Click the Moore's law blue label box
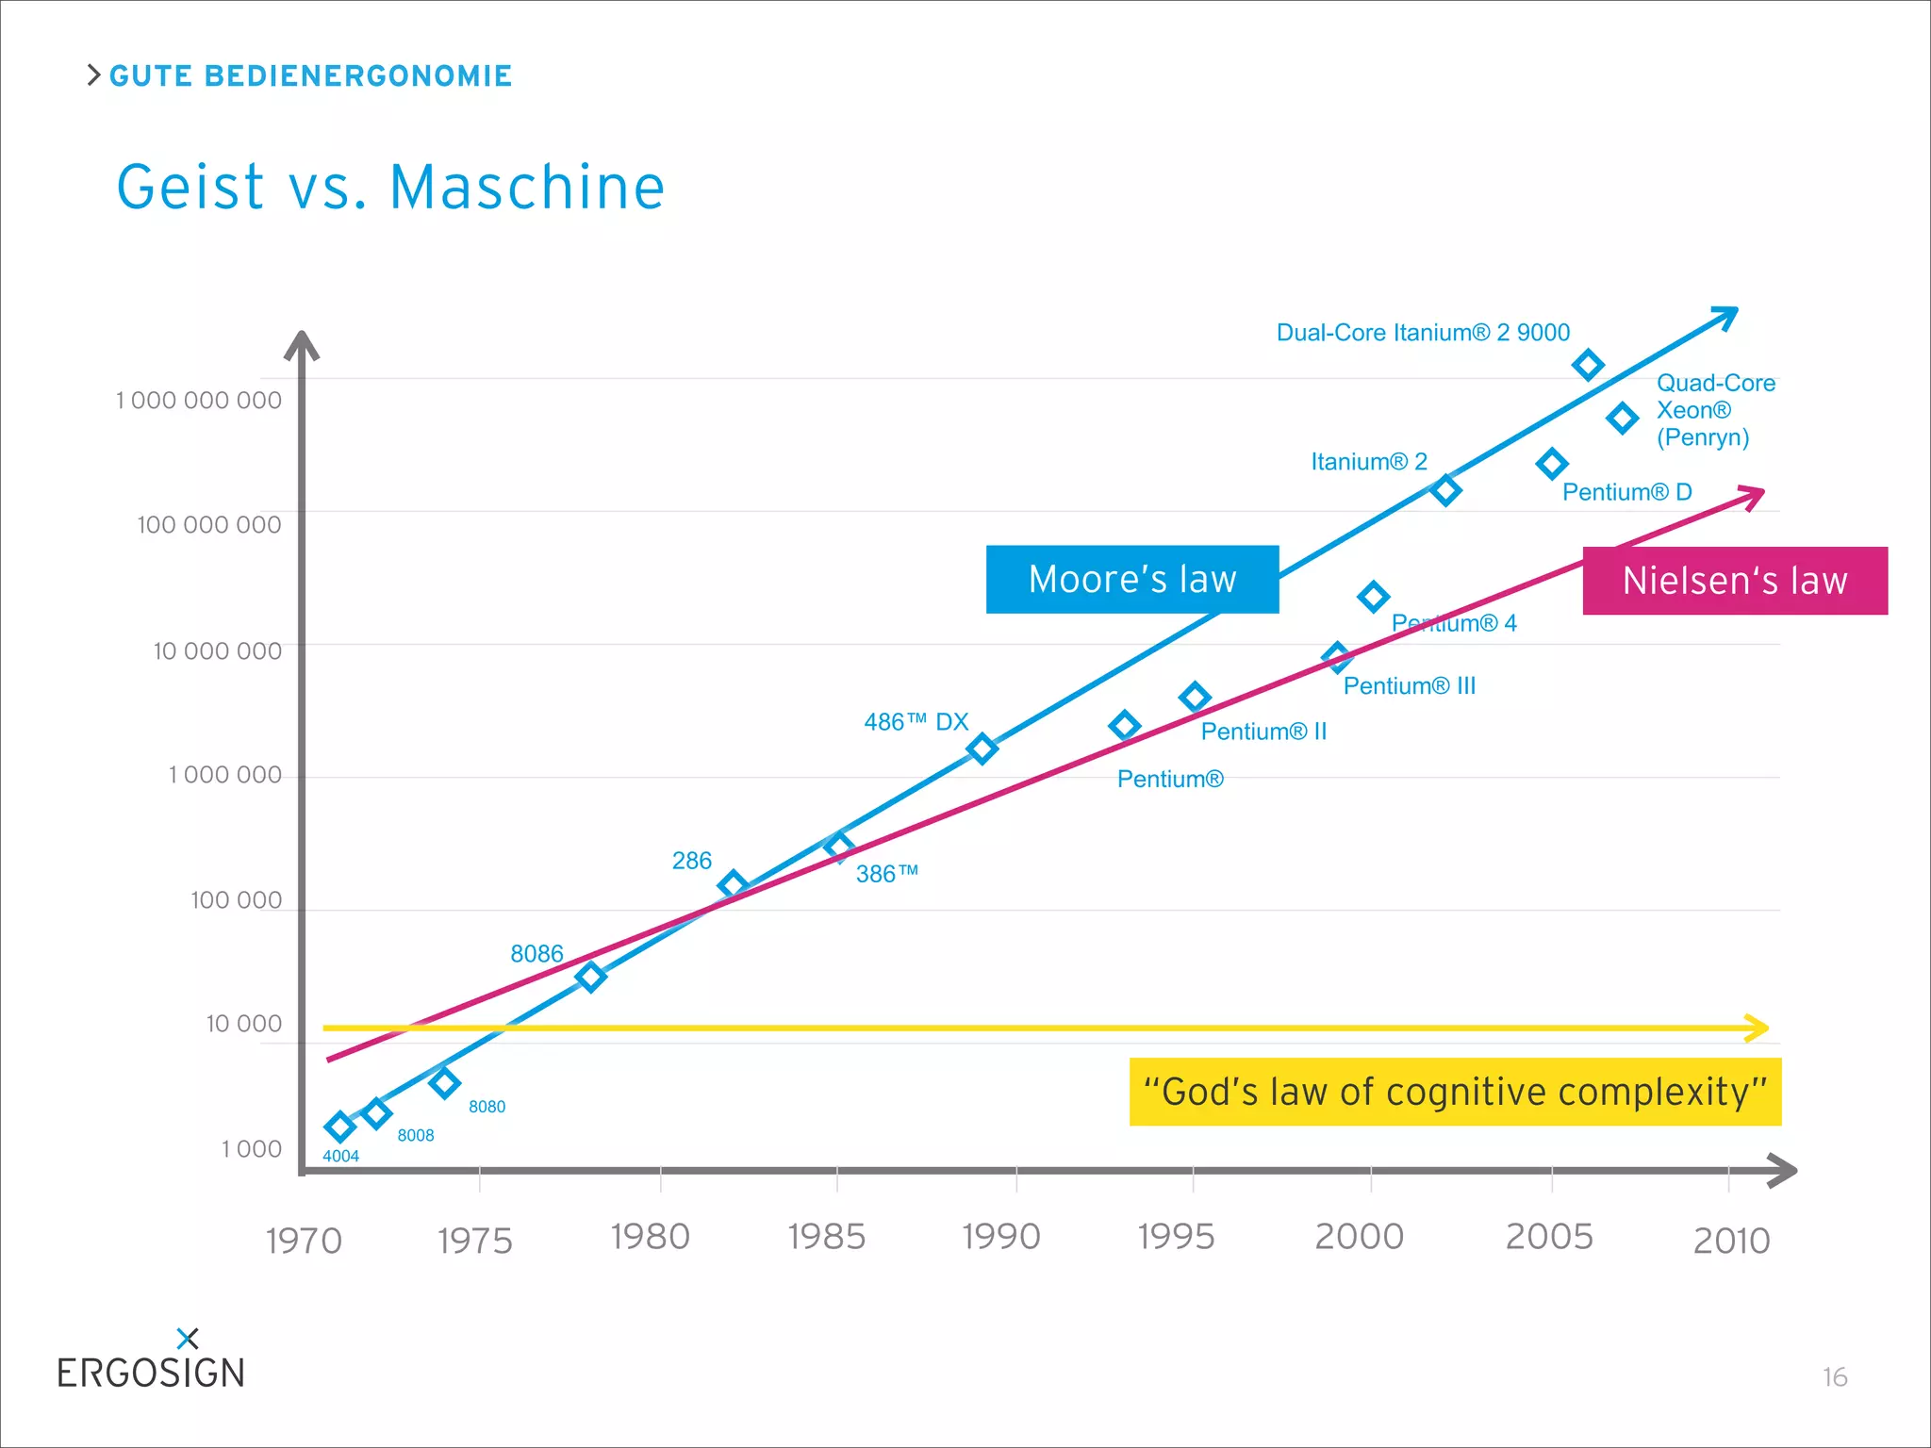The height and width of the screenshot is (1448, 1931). click(x=1131, y=579)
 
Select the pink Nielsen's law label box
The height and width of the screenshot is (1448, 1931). click(x=1734, y=581)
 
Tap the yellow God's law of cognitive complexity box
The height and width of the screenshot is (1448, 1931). click(x=1455, y=1092)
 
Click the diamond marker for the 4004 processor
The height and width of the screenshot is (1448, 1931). click(x=339, y=1126)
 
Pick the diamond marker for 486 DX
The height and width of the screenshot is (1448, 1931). click(x=982, y=749)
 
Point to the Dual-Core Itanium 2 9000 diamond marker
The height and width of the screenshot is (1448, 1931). click(x=1588, y=365)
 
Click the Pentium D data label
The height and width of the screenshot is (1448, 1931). click(x=1626, y=492)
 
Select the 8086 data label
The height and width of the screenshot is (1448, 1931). click(x=536, y=954)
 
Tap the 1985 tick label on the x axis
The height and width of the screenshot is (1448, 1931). click(x=826, y=1237)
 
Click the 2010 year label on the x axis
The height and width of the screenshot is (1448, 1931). click(x=1731, y=1241)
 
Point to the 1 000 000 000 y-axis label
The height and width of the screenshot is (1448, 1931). click(x=199, y=401)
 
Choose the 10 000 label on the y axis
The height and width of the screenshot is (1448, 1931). click(x=243, y=1024)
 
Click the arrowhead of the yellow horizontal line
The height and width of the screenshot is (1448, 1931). click(x=1757, y=1028)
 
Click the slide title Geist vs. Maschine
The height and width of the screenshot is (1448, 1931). click(x=390, y=187)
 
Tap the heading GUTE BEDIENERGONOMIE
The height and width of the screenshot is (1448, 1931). click(x=310, y=76)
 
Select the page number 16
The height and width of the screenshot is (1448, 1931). click(x=1834, y=1377)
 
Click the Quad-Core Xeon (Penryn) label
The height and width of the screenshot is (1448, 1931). click(x=1714, y=410)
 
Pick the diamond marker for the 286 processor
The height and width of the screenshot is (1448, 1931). click(x=733, y=885)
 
